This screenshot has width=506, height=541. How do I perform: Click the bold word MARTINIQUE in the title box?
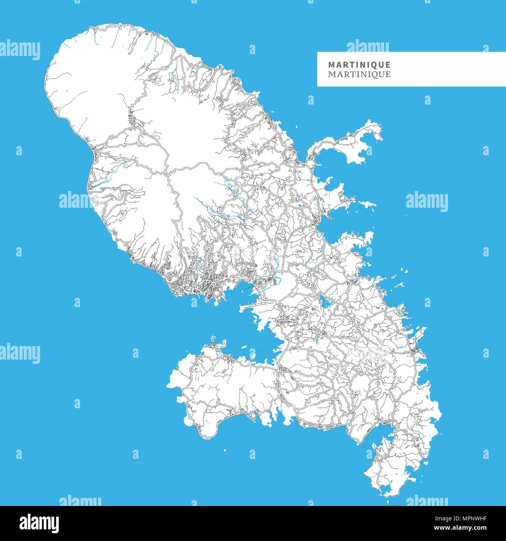(x=359, y=65)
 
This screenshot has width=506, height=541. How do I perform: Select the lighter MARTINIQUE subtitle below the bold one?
(x=359, y=74)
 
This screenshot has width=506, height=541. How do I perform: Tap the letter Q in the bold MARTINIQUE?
(x=374, y=65)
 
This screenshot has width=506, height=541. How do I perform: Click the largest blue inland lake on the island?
(x=324, y=301)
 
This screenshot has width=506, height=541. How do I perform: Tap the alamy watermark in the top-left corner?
(x=20, y=50)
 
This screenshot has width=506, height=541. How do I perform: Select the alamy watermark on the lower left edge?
(x=20, y=353)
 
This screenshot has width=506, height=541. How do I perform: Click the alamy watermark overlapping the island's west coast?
(x=76, y=200)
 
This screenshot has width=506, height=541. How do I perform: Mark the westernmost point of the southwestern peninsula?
(x=168, y=385)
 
